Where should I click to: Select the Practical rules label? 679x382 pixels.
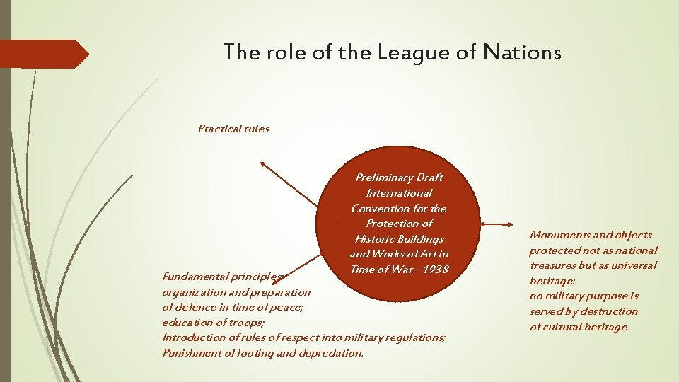click(x=233, y=129)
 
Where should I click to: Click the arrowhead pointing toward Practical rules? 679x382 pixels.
click(x=263, y=164)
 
